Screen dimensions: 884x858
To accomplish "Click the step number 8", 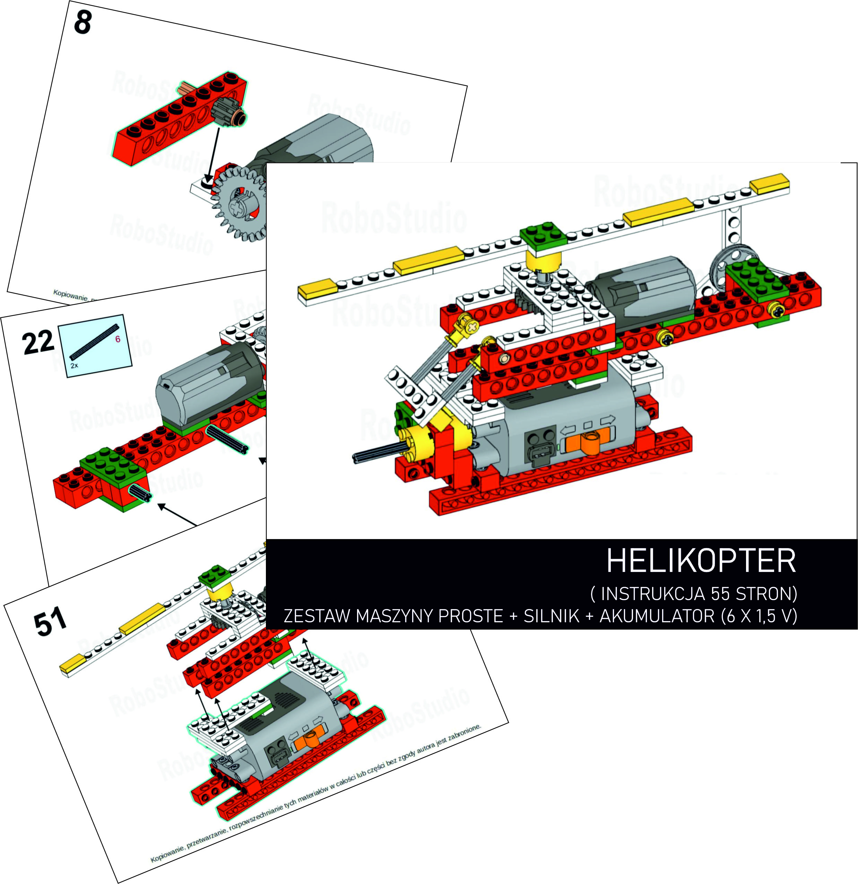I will click(x=83, y=23).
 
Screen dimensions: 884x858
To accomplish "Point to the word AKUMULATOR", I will click(x=656, y=616).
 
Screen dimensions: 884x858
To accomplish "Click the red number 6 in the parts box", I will click(x=118, y=339).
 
